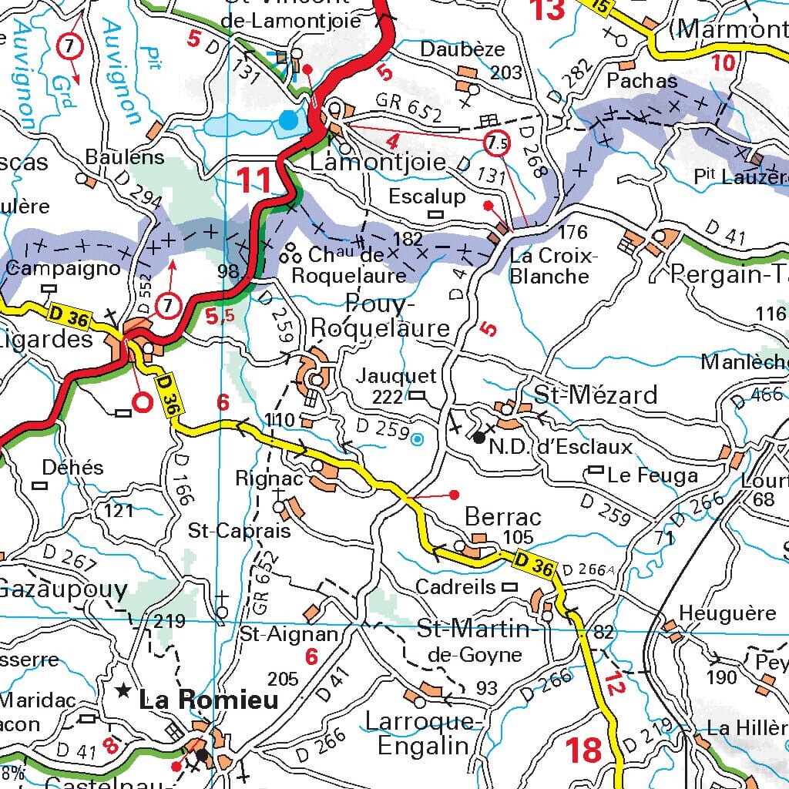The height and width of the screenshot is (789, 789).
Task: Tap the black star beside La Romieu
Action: click(x=123, y=690)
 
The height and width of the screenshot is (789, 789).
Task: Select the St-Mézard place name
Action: click(x=596, y=395)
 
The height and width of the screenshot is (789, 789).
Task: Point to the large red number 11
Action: click(x=255, y=180)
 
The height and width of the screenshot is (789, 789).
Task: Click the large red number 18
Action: click(x=584, y=750)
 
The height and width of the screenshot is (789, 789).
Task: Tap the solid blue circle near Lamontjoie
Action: click(x=289, y=119)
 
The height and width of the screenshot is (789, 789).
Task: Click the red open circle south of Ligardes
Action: click(x=142, y=401)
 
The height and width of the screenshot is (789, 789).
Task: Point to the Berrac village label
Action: click(x=502, y=516)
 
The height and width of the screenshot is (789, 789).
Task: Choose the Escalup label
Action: click(x=427, y=196)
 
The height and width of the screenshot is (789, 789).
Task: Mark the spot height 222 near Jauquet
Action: click(x=387, y=397)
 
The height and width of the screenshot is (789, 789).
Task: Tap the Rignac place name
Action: click(x=264, y=478)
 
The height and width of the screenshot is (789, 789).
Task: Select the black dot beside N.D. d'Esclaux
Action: click(x=479, y=438)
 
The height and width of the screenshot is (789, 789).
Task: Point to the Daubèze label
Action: click(x=462, y=49)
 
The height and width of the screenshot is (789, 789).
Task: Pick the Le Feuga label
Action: click(x=653, y=475)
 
